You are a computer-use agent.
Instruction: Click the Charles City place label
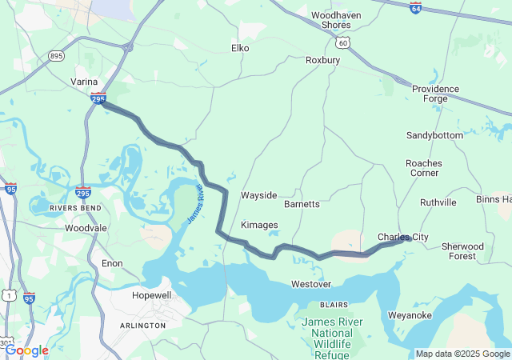(402, 238)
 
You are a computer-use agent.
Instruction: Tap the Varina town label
(82, 82)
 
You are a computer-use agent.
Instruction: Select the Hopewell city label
(151, 295)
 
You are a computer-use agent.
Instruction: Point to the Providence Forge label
(435, 94)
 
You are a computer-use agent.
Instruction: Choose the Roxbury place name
(323, 60)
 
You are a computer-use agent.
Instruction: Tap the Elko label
(240, 48)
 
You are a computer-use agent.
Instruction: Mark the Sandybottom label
(434, 135)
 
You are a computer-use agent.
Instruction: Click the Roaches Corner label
(423, 168)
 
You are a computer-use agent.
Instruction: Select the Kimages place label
(259, 225)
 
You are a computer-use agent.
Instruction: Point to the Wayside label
(258, 195)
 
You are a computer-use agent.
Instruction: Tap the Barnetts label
(302, 204)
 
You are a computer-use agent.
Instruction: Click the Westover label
(311, 284)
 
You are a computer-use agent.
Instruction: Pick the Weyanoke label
(410, 315)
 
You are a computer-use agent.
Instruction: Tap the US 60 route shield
(342, 41)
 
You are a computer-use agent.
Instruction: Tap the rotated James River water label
(196, 203)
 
